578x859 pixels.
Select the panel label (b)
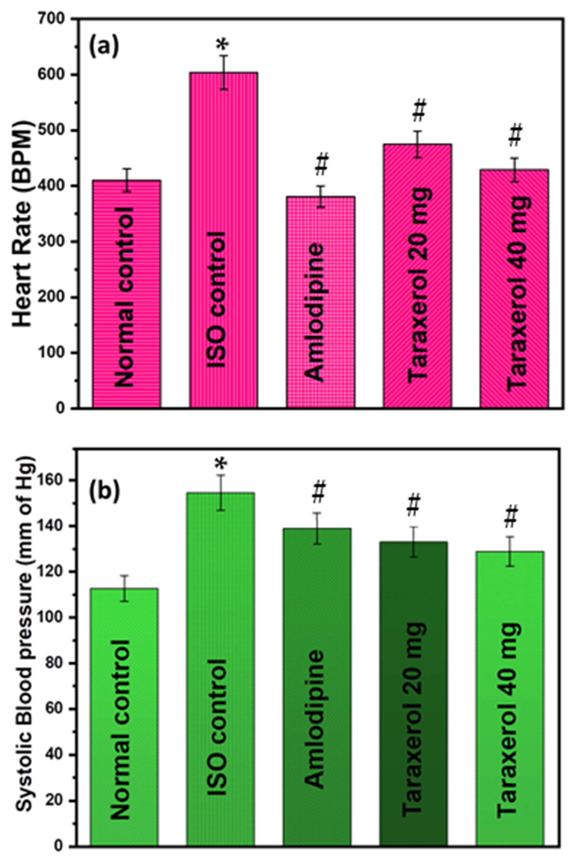pyautogui.click(x=104, y=492)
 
